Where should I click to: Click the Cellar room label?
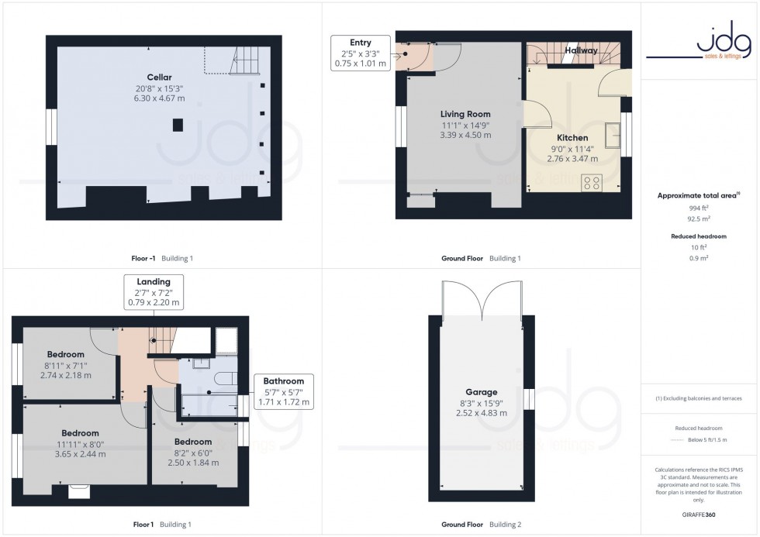[159, 77]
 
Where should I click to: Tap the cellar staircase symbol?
[244, 59]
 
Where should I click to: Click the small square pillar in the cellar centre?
[178, 124]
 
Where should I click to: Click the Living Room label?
[465, 114]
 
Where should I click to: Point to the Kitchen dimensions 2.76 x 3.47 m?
[572, 159]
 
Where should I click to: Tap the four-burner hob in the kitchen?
[592, 182]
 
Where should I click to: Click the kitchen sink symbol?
[618, 133]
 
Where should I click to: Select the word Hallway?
[582, 50]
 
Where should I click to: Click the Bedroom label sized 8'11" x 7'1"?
[65, 354]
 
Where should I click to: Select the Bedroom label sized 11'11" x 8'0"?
[81, 433]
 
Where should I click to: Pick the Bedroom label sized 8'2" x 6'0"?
[193, 442]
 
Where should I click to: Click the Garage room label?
[482, 392]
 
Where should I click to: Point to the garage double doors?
[482, 301]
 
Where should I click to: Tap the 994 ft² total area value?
[700, 208]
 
